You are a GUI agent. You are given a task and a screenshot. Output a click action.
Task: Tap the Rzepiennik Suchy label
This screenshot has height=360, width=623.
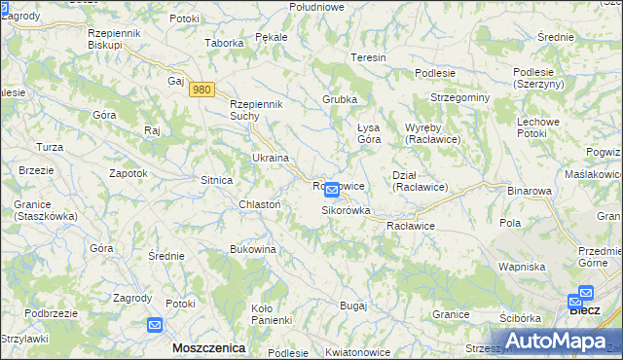(x=255, y=110)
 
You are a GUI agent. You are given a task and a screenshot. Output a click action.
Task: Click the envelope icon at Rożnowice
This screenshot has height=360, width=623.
(x=331, y=190)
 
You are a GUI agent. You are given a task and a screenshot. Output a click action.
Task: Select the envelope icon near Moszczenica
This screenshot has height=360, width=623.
(x=156, y=326)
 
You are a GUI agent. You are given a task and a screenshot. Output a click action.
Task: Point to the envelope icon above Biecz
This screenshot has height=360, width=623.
(x=585, y=292)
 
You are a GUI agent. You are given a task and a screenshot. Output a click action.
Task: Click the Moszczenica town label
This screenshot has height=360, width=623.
(x=207, y=346)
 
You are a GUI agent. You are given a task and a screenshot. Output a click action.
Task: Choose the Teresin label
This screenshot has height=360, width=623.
(x=369, y=57)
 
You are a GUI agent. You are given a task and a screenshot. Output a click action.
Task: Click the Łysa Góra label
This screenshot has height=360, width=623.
(x=367, y=132)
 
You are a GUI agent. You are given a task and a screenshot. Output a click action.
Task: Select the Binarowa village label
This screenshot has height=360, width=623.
(x=530, y=192)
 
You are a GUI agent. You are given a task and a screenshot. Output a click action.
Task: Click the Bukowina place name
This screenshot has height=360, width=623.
(x=253, y=249)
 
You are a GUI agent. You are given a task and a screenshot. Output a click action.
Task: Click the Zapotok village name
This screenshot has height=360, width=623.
(x=128, y=172)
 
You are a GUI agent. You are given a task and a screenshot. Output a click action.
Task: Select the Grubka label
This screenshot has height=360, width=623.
(x=340, y=99)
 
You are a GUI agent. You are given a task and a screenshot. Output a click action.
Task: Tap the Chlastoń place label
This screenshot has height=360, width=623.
(x=260, y=203)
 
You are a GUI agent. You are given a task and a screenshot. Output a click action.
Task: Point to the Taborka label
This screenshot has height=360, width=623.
(x=223, y=43)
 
